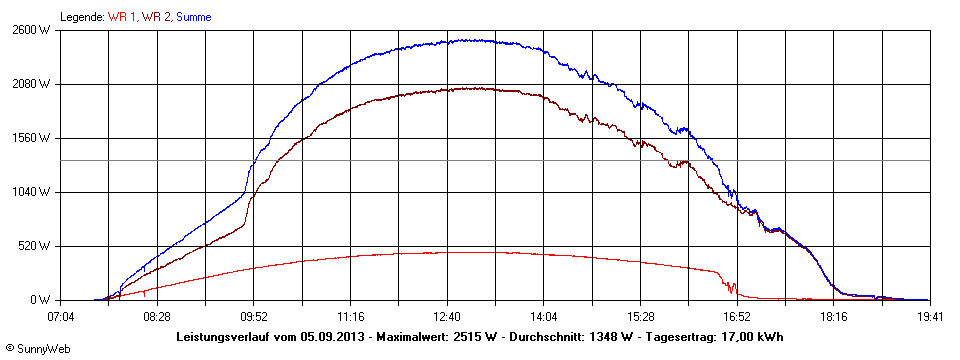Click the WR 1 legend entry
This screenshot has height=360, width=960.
124,17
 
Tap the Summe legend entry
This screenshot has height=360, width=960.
195,17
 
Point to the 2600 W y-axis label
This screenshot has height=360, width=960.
30,30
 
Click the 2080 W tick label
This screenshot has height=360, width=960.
30,84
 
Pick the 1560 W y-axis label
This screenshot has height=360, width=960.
30,138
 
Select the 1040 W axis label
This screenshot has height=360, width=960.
30,192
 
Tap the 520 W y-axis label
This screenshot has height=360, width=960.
33,246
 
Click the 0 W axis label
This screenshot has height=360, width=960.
40,300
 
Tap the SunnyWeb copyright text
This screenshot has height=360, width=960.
38,348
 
